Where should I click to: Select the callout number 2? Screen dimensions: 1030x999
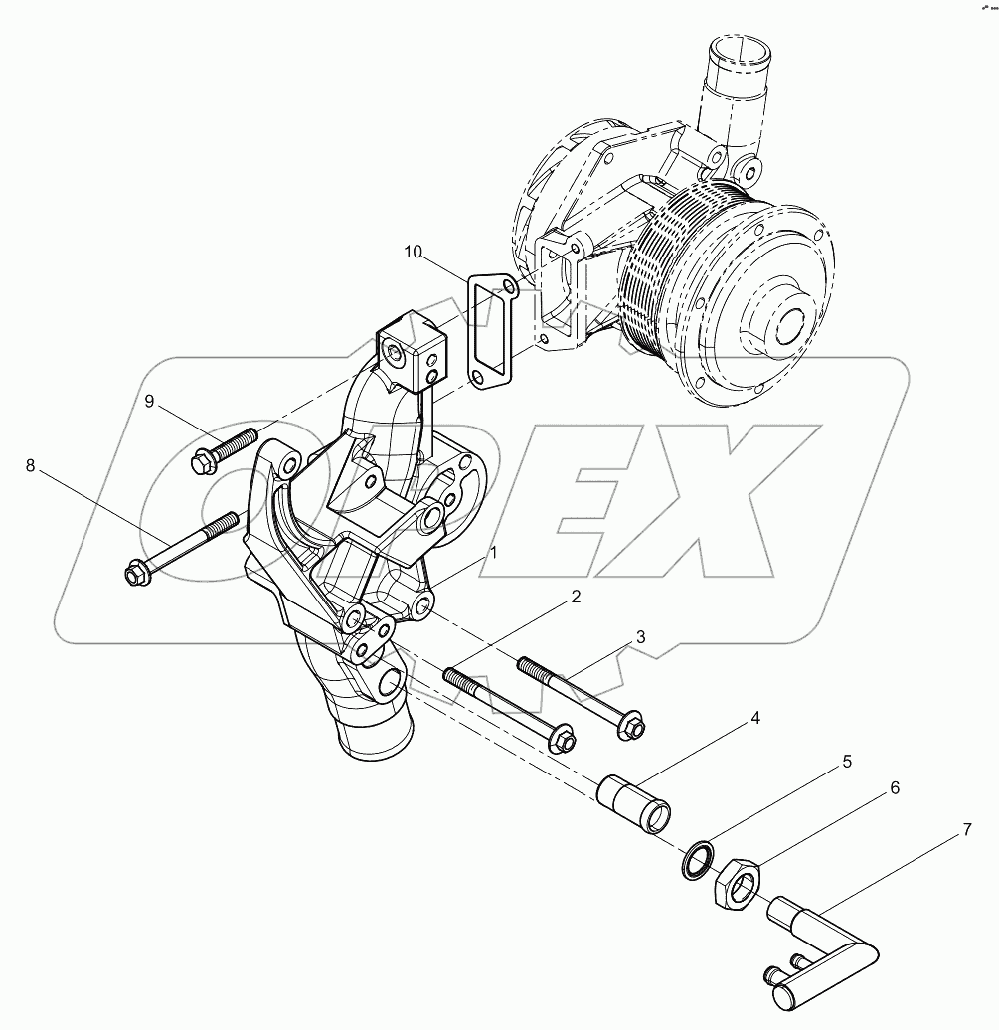pyautogui.click(x=574, y=598)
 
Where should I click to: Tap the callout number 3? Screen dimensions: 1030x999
pyautogui.click(x=641, y=636)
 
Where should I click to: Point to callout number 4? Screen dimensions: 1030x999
pyautogui.click(x=756, y=717)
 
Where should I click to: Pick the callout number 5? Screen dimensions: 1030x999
pyautogui.click(x=847, y=762)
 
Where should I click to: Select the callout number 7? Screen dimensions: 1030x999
pyautogui.click(x=967, y=829)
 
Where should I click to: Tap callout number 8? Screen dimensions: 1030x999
pyautogui.click(x=30, y=465)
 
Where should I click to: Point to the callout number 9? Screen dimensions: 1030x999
pyautogui.click(x=149, y=401)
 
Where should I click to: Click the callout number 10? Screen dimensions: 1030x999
pyautogui.click(x=414, y=252)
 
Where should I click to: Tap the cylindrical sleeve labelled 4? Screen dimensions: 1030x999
pyautogui.click(x=633, y=802)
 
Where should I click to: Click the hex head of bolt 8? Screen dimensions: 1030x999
pyautogui.click(x=135, y=575)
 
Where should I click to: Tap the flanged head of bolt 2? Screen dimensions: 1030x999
pyautogui.click(x=562, y=740)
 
